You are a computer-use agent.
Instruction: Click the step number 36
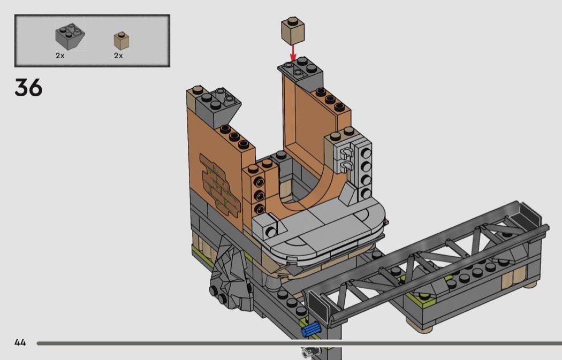pos(28,88)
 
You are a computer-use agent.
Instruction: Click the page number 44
pos(20,342)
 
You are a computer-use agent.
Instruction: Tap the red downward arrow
pos(293,52)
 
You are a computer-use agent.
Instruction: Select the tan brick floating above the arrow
pos(292,31)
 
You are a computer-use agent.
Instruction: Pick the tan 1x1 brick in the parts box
pos(121,41)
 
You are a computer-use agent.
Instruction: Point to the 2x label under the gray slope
pos(60,56)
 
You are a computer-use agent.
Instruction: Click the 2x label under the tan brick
pos(118,56)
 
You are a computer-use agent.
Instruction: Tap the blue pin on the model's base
pos(311,329)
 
